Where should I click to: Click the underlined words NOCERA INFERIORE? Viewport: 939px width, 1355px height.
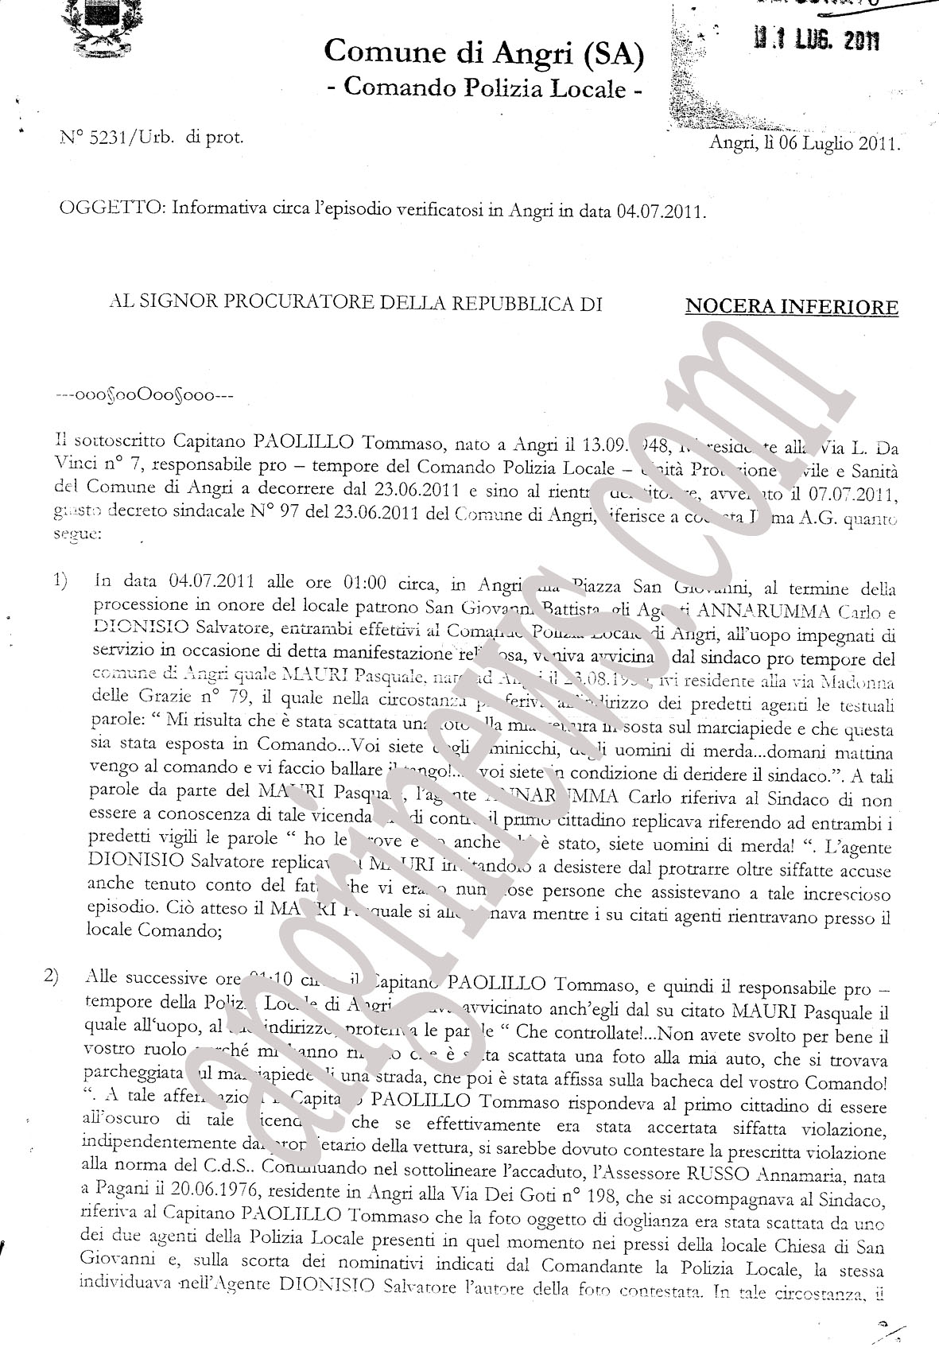coord(792,307)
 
